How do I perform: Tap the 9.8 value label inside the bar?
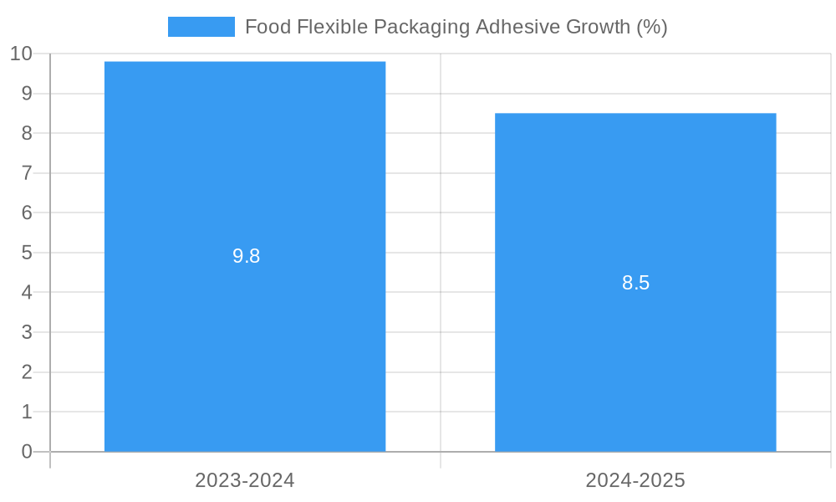246,256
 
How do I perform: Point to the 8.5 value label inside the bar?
635,283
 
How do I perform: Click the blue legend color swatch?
201,27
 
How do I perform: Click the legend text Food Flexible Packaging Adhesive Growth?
456,27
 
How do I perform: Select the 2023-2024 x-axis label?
245,480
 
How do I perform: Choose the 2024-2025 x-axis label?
635,480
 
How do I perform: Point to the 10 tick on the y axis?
21,54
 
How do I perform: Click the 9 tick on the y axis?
27,94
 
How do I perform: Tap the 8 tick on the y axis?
27,133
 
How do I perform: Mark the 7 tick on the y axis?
27,173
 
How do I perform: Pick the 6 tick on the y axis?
27,213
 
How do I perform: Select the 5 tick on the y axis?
27,253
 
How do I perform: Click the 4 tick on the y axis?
27,292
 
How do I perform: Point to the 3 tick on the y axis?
27,332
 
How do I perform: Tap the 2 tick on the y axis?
27,371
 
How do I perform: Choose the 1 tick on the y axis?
27,412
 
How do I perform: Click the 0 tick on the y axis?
27,452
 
